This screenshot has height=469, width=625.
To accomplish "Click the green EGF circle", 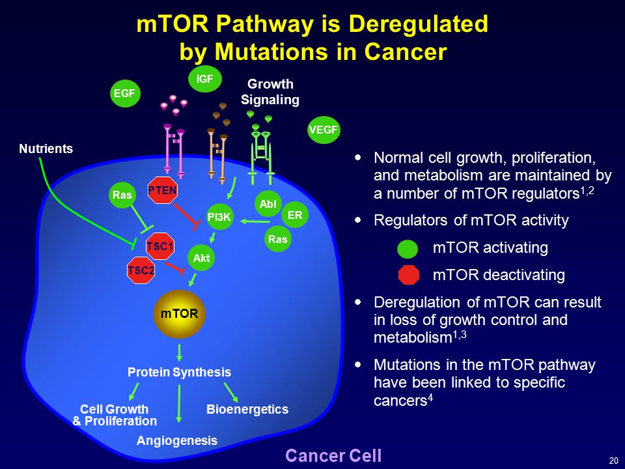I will (x=124, y=94).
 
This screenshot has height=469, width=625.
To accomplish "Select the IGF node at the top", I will (x=205, y=79).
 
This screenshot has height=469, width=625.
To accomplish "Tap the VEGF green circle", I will (x=324, y=129).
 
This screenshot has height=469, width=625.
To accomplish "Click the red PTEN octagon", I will (x=163, y=190).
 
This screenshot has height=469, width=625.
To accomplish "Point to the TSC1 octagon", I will (x=160, y=246).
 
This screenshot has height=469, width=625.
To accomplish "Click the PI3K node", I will (x=219, y=218).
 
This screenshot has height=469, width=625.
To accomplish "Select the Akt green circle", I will (x=202, y=258).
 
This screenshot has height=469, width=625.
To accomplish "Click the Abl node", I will (x=268, y=204).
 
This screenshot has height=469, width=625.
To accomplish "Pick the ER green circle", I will (x=295, y=214).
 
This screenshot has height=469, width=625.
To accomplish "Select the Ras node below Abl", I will (x=277, y=239).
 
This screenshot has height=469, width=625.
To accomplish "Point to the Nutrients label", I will (x=46, y=149).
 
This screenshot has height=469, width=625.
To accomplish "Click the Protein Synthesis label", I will (x=179, y=373).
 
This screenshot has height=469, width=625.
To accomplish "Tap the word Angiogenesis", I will (x=177, y=441).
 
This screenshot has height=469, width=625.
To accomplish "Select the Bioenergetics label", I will (x=247, y=409).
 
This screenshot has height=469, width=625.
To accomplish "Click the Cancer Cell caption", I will (x=333, y=455).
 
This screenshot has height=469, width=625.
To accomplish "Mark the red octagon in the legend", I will (x=408, y=275).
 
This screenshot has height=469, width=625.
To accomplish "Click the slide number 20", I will (x=613, y=461).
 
